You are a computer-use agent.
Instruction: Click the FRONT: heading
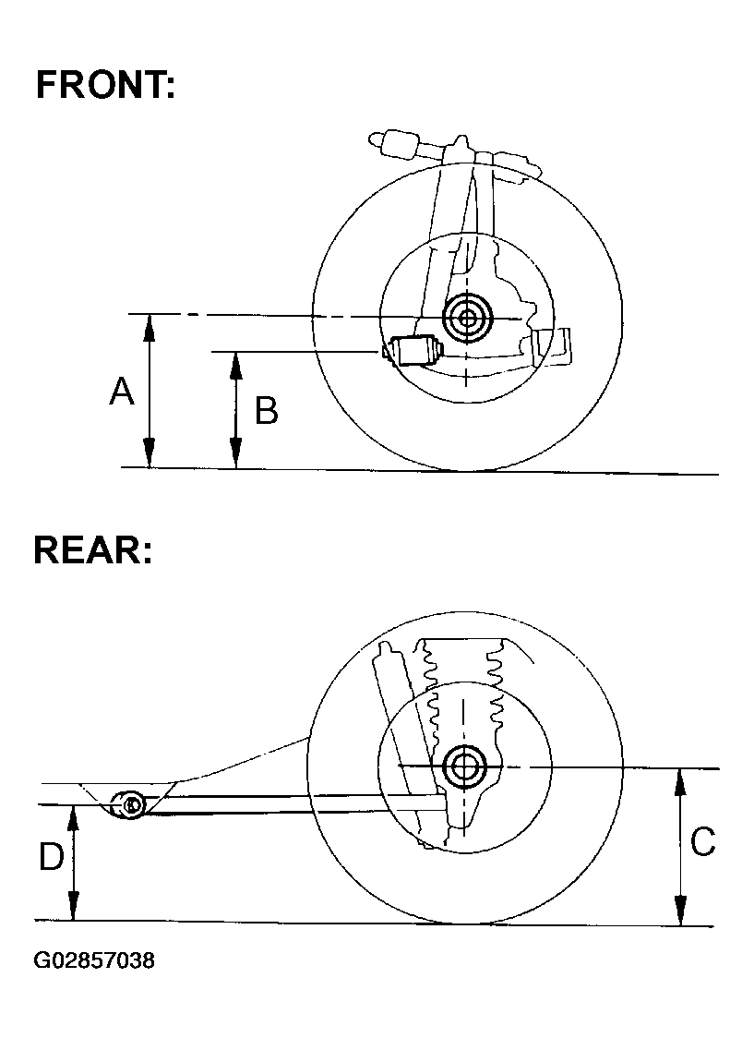(104, 86)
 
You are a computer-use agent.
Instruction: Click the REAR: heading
(92, 550)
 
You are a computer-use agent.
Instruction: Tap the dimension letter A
(122, 392)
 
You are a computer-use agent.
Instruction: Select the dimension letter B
(266, 410)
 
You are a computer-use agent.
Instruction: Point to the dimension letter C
(702, 841)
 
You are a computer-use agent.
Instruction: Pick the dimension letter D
(51, 858)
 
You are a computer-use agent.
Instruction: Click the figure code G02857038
(94, 960)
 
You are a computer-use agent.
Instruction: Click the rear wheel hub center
(465, 766)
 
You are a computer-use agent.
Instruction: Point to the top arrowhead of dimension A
(149, 322)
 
